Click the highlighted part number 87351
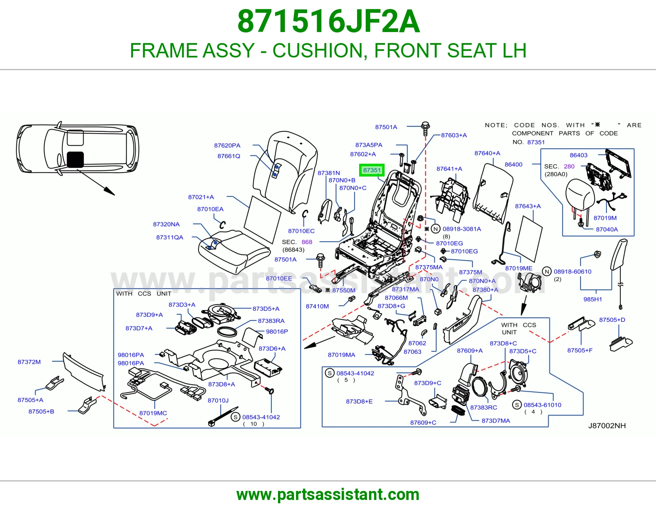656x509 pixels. pyautogui.click(x=371, y=170)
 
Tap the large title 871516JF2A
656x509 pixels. pyautogui.click(x=328, y=21)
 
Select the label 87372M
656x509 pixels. pyautogui.click(x=29, y=362)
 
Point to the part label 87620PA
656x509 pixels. pyautogui.click(x=227, y=145)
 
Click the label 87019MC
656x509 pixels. pyautogui.click(x=153, y=413)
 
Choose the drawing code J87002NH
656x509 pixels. pyautogui.click(x=607, y=426)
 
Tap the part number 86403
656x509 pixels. pyautogui.click(x=579, y=155)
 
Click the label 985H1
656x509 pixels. pyautogui.click(x=592, y=299)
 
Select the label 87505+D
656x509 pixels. pyautogui.click(x=612, y=320)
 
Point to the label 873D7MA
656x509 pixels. pyautogui.click(x=496, y=421)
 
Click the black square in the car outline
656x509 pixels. pyautogui.click(x=75, y=159)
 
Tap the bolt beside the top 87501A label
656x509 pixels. pyautogui.click(x=425, y=129)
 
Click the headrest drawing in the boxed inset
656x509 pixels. pyautogui.click(x=580, y=195)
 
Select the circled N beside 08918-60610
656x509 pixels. pyautogui.click(x=547, y=271)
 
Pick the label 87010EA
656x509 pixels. pyautogui.click(x=210, y=209)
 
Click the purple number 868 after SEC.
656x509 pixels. pyautogui.click(x=307, y=242)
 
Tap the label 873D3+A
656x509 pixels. pyautogui.click(x=182, y=305)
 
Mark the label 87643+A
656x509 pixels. pyautogui.click(x=528, y=206)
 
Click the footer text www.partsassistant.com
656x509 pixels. pyautogui.click(x=328, y=495)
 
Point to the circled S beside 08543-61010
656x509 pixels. pyautogui.click(x=517, y=405)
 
